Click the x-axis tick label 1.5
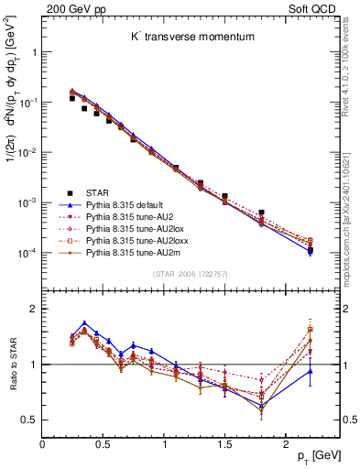tap(224, 443)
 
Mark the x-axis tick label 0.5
tap(103, 443)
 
